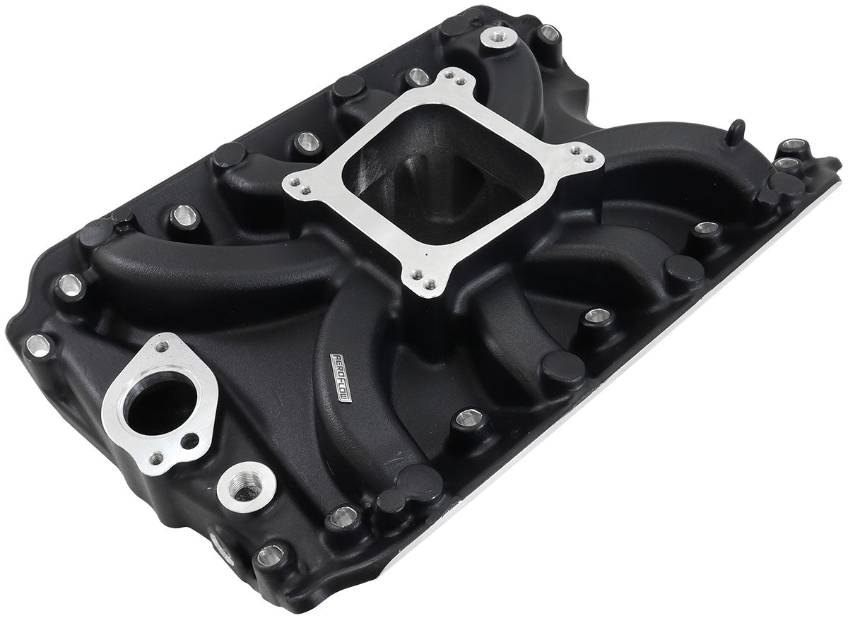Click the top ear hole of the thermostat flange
coord(162,346)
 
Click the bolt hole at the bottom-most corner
coord(269,556)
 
